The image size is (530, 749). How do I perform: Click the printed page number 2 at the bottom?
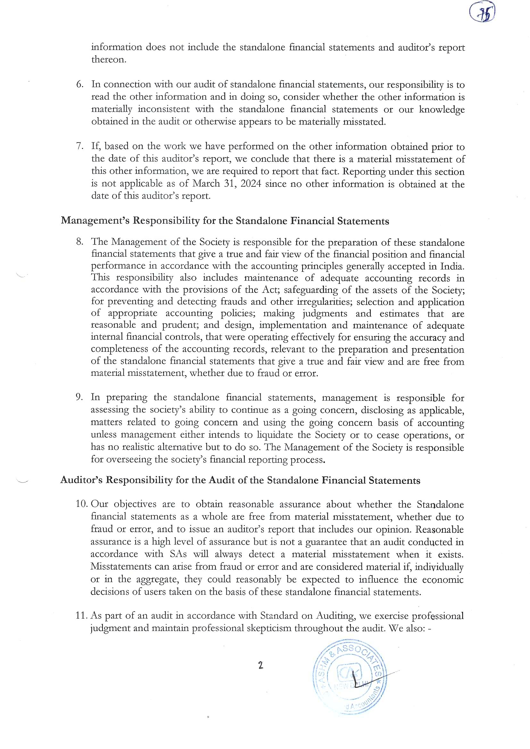261,665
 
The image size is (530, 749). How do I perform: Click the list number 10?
81,504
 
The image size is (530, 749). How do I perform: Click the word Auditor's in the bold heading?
80,481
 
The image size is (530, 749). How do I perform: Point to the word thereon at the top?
108,60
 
